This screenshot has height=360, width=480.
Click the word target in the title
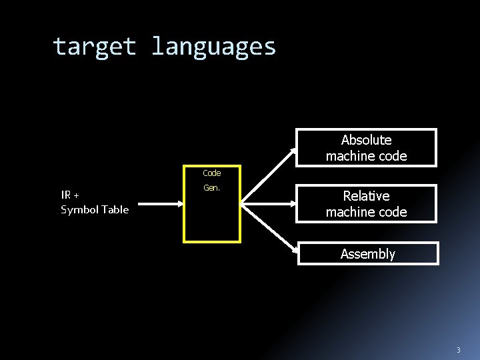click(x=95, y=47)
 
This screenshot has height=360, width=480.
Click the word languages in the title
click(x=213, y=47)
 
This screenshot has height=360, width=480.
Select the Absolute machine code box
click(x=366, y=147)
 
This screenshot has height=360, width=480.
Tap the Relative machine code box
click(x=366, y=203)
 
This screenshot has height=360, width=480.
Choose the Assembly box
click(x=367, y=253)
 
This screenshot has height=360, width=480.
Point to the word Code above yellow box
click(x=211, y=173)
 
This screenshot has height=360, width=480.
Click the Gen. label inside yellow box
click(x=211, y=188)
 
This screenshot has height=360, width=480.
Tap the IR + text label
click(x=70, y=195)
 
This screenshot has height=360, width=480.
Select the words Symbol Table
click(x=95, y=209)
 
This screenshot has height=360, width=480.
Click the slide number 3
click(x=458, y=350)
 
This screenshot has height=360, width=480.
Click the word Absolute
click(x=366, y=140)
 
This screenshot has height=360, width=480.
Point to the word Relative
click(x=366, y=196)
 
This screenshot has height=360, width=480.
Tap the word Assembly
click(x=367, y=254)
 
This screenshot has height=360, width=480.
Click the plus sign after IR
click(x=76, y=195)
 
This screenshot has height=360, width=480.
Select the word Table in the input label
click(x=115, y=209)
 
